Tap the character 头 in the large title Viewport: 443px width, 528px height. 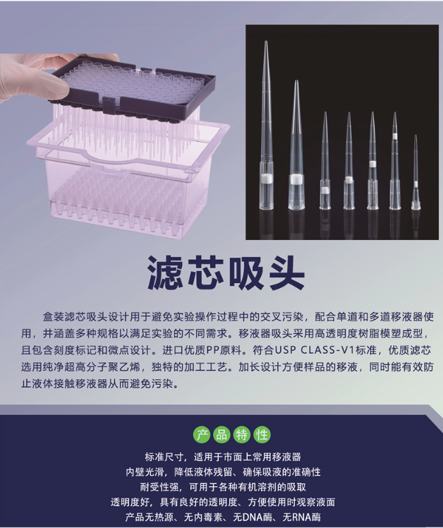pyautogui.click(x=286, y=272)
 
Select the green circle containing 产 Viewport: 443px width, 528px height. pyautogui.click(x=202, y=435)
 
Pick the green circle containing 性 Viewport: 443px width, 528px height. pyautogui.click(x=262, y=435)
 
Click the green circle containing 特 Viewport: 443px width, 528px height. pyautogui.click(x=242, y=435)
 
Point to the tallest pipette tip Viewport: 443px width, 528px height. pyautogui.click(x=266, y=125)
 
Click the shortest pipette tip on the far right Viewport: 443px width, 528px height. pyautogui.click(x=415, y=172)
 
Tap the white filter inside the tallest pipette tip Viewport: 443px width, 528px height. pyautogui.click(x=267, y=178)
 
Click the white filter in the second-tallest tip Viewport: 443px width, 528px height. pyautogui.click(x=296, y=179)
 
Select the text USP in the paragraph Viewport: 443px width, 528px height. pyautogui.click(x=286, y=350)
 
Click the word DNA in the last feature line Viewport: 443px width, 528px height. pyautogui.click(x=253, y=517)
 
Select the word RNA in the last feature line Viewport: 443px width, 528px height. pyautogui.click(x=302, y=517)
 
